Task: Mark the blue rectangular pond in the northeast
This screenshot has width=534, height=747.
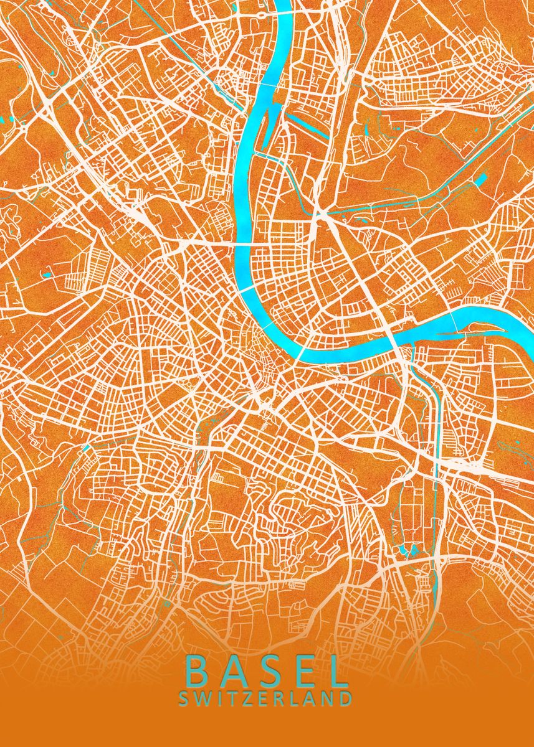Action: click(480, 181)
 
